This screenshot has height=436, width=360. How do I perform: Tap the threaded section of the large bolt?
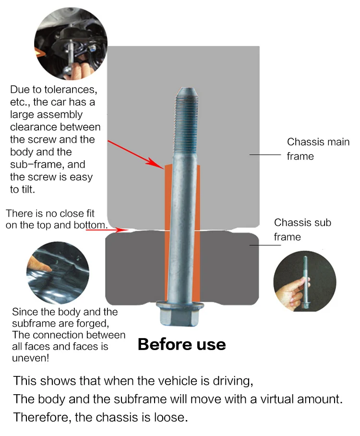click(x=187, y=125)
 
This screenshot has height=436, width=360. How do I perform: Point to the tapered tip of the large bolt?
click(x=187, y=91)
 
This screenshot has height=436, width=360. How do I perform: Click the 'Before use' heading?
click(x=182, y=344)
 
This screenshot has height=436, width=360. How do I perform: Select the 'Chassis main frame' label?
click(x=318, y=149)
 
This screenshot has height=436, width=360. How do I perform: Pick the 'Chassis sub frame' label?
click(x=302, y=230)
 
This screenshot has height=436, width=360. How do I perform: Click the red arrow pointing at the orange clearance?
click(x=136, y=155)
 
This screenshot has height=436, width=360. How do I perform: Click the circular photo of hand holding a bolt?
click(x=305, y=281)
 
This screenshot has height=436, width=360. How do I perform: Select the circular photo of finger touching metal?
click(x=58, y=273)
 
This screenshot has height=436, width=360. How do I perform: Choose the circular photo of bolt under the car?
click(x=71, y=44)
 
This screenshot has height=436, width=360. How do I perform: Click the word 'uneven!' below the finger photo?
click(x=31, y=358)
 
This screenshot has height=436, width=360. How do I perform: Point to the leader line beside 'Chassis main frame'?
click(x=265, y=155)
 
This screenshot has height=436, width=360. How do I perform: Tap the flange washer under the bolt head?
click(x=180, y=305)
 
